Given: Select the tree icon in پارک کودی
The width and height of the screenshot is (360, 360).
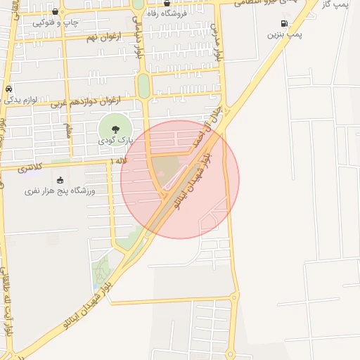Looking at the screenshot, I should click(x=114, y=128).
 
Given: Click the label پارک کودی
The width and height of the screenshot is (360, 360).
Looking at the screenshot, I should click(x=115, y=141).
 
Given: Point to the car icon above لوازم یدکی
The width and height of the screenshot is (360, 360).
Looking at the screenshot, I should click(x=8, y=89).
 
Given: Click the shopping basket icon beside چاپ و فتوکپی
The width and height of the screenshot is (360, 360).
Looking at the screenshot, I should click(x=56, y=11).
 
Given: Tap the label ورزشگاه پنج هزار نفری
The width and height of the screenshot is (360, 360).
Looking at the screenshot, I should click(x=60, y=191).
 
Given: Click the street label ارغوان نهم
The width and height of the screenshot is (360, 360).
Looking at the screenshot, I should click(x=103, y=37).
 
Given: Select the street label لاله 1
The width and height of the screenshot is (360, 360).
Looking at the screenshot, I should click(x=120, y=162).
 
